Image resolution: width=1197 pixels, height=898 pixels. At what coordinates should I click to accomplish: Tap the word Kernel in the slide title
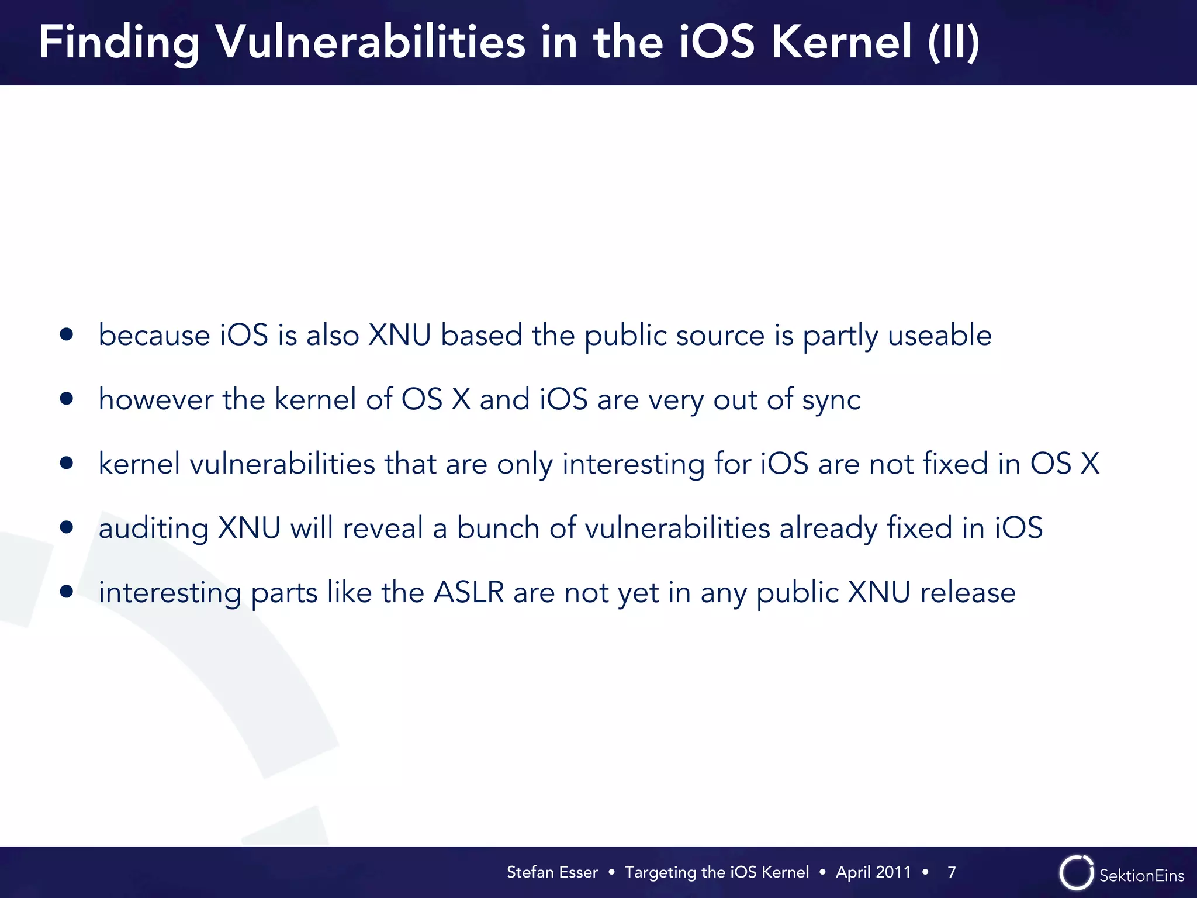(842, 42)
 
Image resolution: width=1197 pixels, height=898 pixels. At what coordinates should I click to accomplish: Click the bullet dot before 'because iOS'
(67, 334)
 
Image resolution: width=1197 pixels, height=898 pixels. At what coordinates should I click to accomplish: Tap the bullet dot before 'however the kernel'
(67, 399)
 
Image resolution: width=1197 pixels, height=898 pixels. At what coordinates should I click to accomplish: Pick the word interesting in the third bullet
(633, 464)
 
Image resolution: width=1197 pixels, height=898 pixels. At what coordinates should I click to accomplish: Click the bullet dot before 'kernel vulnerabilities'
(67, 463)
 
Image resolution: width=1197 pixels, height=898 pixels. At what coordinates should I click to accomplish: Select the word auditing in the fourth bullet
(153, 529)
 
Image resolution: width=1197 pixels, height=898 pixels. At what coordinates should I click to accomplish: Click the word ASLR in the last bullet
(469, 592)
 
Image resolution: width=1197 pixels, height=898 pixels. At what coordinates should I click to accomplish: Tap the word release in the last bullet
(968, 592)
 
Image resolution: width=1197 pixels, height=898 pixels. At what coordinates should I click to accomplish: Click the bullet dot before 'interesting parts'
(67, 592)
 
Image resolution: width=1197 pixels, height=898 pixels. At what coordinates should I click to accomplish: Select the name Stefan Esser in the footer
(552, 872)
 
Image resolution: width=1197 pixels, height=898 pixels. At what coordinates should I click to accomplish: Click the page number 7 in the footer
(952, 872)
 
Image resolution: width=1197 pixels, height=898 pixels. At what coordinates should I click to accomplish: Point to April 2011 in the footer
(873, 872)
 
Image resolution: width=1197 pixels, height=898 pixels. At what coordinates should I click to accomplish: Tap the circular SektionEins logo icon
(1076, 873)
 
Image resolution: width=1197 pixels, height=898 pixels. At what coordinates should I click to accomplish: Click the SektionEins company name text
(1141, 875)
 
